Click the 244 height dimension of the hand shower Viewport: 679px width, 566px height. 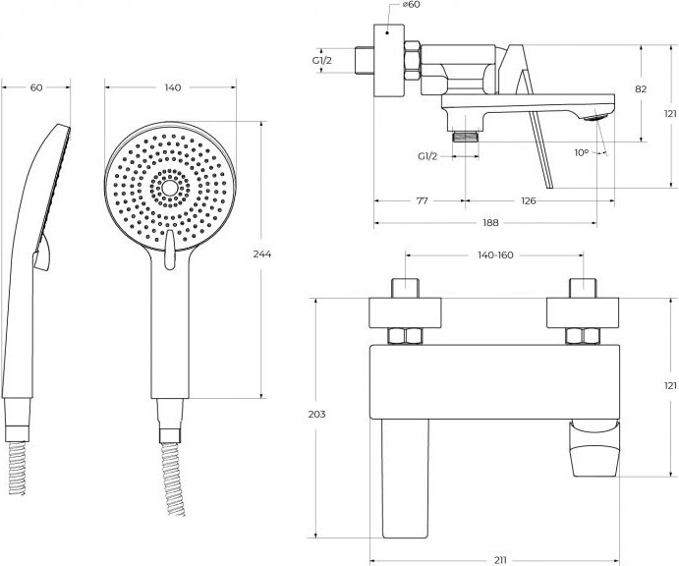(261, 255)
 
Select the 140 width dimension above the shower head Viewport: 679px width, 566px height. (172, 88)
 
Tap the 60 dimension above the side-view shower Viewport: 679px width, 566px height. (36, 88)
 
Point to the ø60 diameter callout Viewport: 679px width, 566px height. (413, 6)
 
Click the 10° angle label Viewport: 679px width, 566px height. (582, 152)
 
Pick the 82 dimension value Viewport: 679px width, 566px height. (641, 88)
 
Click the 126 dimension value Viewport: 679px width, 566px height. (528, 201)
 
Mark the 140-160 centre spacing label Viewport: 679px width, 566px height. (495, 255)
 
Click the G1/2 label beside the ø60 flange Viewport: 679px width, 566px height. (322, 61)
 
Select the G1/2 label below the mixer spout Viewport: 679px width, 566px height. (427, 156)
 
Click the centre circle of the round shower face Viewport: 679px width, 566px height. (170, 186)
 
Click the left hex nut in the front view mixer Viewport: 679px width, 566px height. (403, 336)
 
